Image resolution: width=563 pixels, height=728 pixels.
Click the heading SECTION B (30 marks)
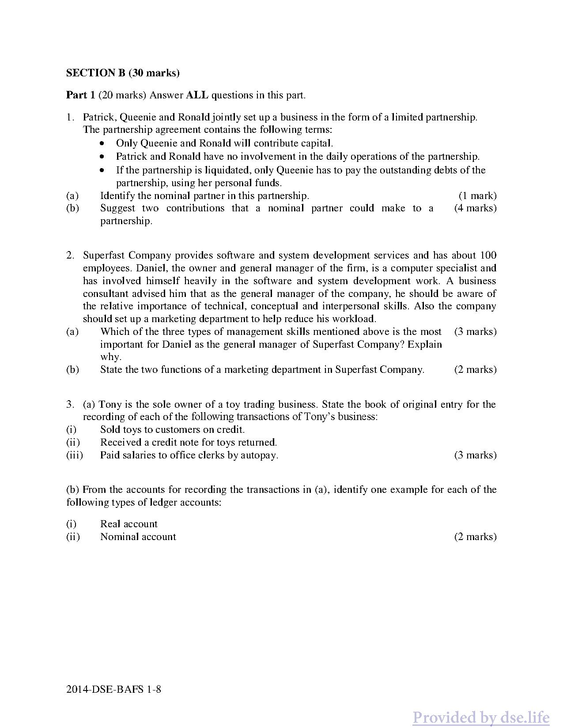coord(123,73)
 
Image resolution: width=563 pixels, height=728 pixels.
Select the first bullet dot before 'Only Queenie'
coord(102,143)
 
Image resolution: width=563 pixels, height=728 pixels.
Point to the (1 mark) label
coord(477,196)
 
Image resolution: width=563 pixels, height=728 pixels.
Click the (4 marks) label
coord(475,208)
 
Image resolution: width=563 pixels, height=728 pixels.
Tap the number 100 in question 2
coord(488,255)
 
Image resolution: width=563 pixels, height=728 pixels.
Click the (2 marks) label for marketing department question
coord(475,370)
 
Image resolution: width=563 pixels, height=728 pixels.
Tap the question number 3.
coord(69,405)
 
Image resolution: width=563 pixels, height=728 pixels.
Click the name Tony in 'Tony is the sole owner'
coord(109,405)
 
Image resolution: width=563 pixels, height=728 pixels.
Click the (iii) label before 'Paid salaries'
coord(75,455)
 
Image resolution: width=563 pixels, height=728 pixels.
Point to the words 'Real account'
coord(128,524)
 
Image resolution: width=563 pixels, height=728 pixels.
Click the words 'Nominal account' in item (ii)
coord(138,537)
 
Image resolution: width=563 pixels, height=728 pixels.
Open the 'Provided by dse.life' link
coord(481,717)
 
